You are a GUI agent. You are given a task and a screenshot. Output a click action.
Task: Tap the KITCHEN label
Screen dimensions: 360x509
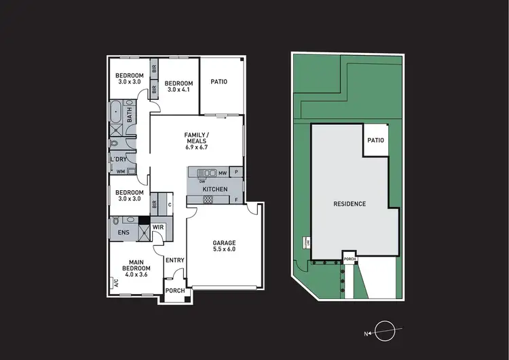(x=215, y=189)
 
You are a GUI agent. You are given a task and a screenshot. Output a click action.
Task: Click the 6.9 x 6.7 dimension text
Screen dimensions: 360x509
(x=197, y=147)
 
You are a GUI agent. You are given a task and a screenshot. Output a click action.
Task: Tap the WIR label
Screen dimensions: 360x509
(x=157, y=227)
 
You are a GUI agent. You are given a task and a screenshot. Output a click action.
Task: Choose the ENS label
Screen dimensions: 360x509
(x=124, y=233)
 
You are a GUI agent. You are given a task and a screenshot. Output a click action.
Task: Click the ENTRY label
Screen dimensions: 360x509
(x=174, y=259)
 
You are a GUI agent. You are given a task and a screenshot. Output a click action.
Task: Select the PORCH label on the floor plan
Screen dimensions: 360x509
(x=175, y=291)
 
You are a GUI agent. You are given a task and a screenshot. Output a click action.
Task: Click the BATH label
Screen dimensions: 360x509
(x=128, y=117)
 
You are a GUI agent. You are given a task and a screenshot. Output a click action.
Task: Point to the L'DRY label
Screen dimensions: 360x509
(x=118, y=160)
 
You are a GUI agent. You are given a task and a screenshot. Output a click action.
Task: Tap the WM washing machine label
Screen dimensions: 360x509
(x=121, y=171)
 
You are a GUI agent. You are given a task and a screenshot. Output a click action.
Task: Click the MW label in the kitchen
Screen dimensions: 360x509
(x=222, y=173)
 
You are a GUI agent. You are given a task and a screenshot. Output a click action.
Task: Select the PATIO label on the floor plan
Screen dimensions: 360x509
(x=219, y=82)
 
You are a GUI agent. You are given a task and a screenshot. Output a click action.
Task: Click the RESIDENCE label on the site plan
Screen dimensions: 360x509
(x=350, y=203)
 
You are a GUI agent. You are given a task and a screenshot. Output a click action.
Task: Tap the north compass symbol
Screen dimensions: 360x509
(x=383, y=329)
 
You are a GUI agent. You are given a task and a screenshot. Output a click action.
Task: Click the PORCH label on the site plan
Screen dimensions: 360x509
(x=350, y=259)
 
